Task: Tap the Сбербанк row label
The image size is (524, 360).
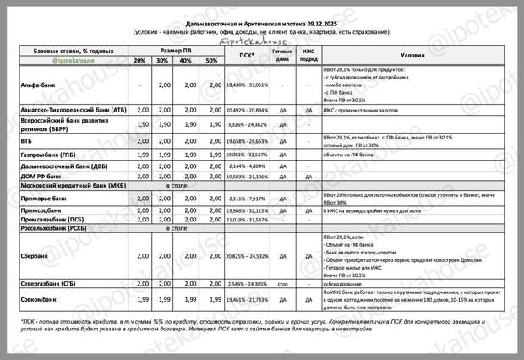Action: point(34,254)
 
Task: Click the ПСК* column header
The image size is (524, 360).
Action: point(247,56)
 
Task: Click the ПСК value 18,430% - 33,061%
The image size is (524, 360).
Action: point(247,85)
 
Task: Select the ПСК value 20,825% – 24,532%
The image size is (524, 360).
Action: point(247,254)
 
